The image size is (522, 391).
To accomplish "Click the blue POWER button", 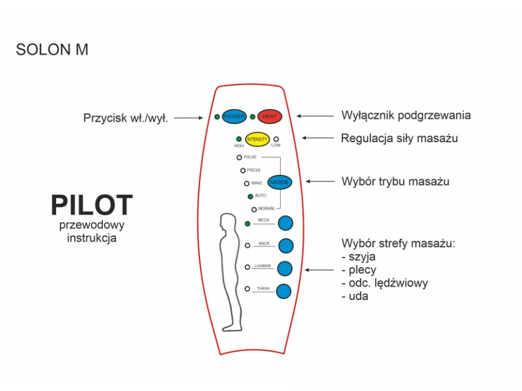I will (233, 117).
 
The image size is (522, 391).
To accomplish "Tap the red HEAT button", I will (270, 117).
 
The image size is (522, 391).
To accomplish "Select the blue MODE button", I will (280, 182).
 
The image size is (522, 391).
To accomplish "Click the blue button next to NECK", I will (285, 223).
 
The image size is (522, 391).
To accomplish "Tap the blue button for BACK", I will (286, 245).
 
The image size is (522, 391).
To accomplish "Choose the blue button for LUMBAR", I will (285, 268).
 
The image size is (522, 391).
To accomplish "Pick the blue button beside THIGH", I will (284, 290).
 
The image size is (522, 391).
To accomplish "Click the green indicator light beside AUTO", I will (250, 196).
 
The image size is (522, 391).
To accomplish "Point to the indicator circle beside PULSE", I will (239, 158).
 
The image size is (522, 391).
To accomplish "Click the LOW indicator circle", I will (276, 139).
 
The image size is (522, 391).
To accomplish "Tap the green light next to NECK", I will (247, 224).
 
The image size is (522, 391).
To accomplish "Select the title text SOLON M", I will (52, 49).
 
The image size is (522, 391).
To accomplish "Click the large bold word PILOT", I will (92, 205).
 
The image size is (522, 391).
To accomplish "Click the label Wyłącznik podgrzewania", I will (406, 116).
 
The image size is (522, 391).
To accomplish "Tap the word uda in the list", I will (358, 297).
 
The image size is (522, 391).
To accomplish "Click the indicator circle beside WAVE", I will (246, 183).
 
